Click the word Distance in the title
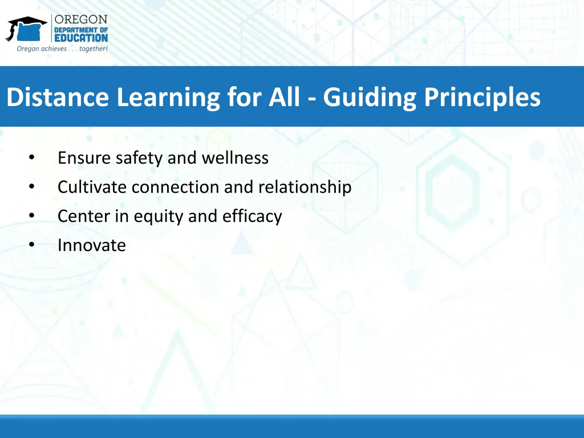pyautogui.click(x=59, y=97)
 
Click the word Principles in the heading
pyautogui.click(x=482, y=97)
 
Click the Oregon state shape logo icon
pyautogui.click(x=26, y=29)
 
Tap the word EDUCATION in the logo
pyautogui.click(x=80, y=38)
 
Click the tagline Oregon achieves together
pyautogui.click(x=62, y=48)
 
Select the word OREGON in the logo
pyautogui.click(x=80, y=19)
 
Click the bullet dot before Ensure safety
pyautogui.click(x=32, y=158)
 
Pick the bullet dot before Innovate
pyautogui.click(x=32, y=245)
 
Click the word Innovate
pyautogui.click(x=91, y=245)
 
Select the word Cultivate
pyautogui.click(x=92, y=187)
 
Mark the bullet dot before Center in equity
pyautogui.click(x=32, y=216)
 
